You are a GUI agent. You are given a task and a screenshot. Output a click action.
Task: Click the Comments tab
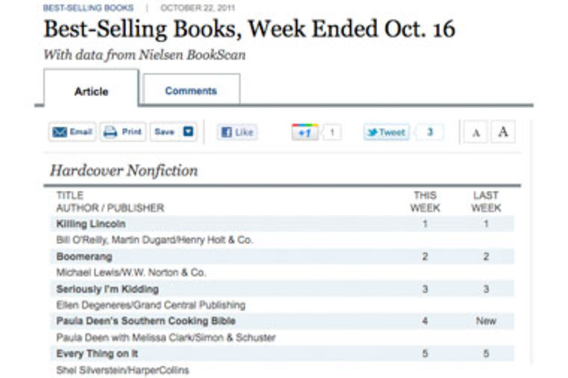(x=191, y=91)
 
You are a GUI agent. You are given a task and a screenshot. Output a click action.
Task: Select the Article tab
(x=91, y=91)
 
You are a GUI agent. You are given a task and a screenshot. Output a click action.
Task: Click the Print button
(x=123, y=132)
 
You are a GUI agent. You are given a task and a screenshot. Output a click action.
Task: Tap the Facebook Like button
(x=237, y=132)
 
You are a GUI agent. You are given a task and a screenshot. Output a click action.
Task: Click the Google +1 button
(x=305, y=132)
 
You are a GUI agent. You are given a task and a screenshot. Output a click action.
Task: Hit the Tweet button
(x=386, y=132)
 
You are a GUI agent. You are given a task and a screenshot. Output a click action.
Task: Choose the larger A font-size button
(x=503, y=132)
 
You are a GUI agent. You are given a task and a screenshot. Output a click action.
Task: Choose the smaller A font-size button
(x=476, y=133)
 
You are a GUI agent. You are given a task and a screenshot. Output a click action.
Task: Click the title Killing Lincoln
(x=91, y=224)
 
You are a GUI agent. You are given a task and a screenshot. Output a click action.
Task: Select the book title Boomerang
(x=84, y=256)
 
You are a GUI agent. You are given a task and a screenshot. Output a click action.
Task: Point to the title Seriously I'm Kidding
(x=107, y=289)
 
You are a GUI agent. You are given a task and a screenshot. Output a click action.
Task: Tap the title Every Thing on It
(x=97, y=353)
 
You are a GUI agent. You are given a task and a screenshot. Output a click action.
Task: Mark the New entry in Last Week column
(x=486, y=321)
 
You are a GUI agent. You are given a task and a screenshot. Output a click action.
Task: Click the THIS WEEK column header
(x=425, y=202)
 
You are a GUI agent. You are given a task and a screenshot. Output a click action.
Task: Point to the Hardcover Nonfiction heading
(x=124, y=171)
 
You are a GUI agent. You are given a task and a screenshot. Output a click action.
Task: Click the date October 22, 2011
(x=197, y=8)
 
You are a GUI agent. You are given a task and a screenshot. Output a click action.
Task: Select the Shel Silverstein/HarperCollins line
(x=123, y=369)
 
